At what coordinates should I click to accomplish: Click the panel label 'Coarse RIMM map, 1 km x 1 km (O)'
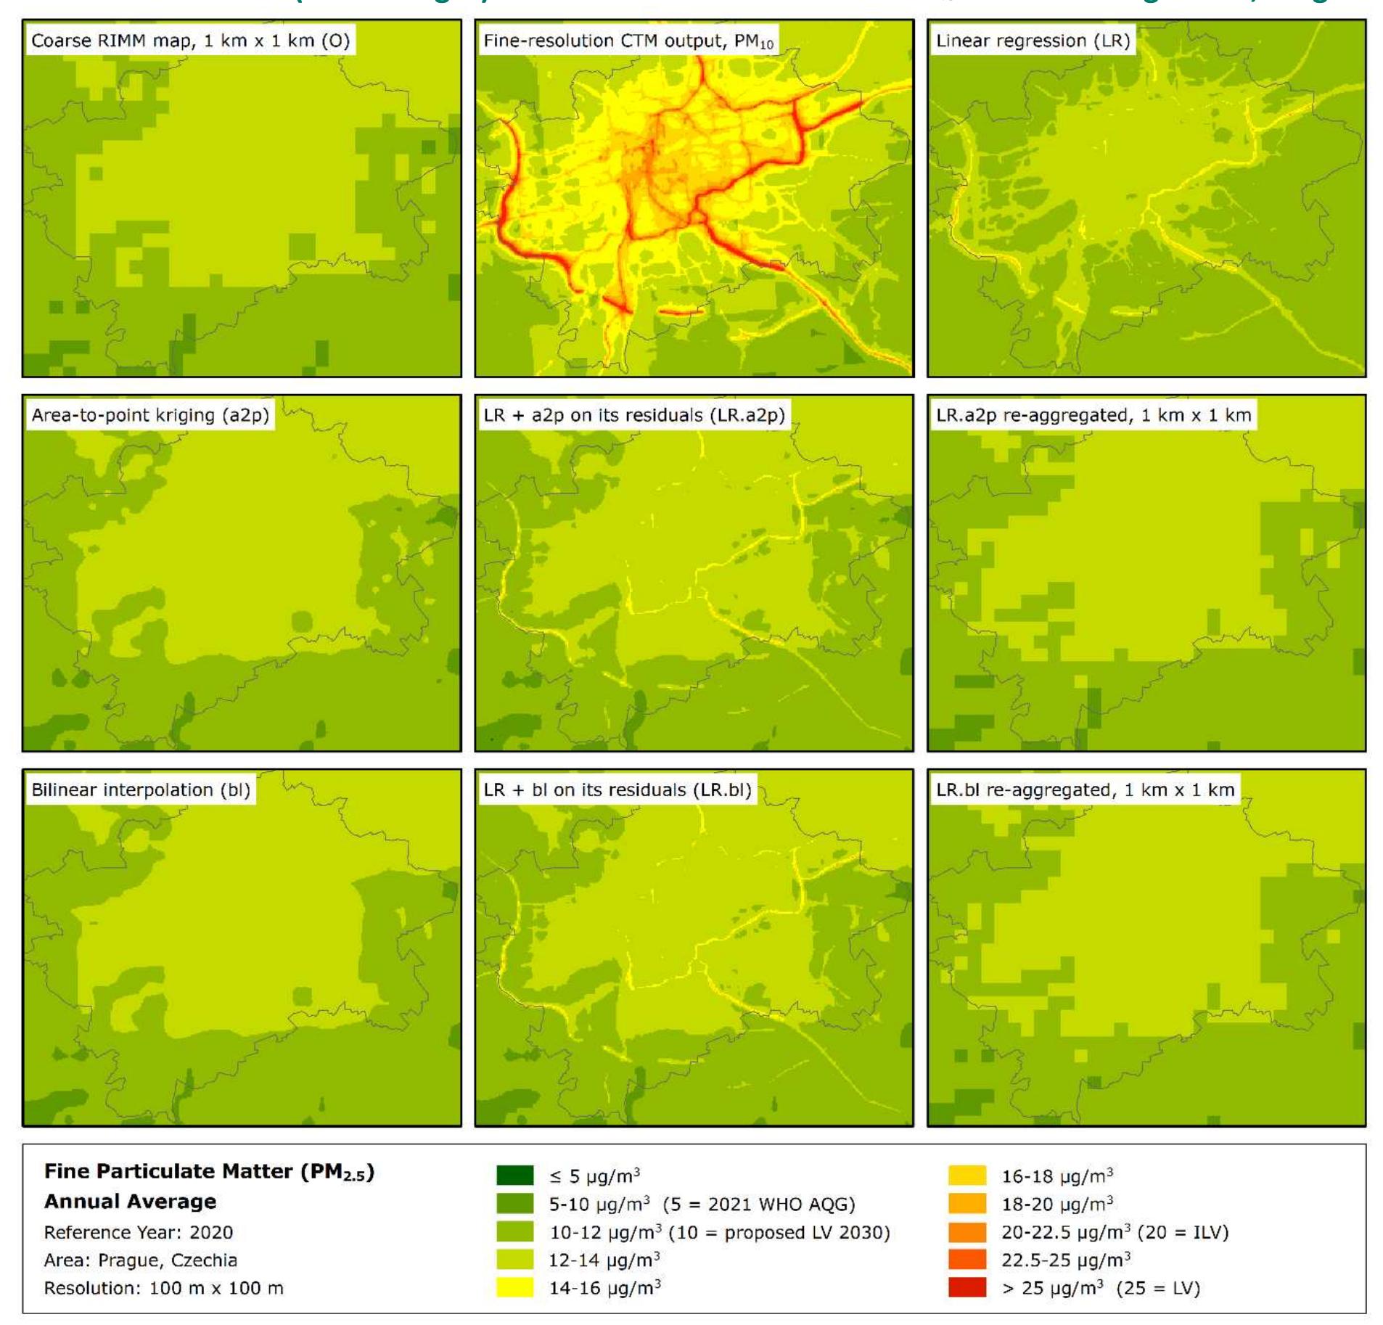[x=190, y=41]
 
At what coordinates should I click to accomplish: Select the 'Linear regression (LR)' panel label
[x=1033, y=41]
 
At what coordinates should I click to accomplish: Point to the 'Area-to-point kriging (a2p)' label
[x=150, y=415]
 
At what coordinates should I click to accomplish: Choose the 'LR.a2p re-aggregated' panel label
[x=1093, y=415]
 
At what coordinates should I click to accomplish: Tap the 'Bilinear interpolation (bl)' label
[x=141, y=789]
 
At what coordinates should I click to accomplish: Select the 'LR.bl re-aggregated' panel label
[x=1085, y=789]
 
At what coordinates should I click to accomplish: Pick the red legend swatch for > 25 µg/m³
[x=967, y=1287]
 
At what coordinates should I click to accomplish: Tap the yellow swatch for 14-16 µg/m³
[x=514, y=1287]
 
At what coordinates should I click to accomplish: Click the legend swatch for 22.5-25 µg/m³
[x=967, y=1260]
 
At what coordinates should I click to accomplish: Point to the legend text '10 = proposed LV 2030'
[x=779, y=1232]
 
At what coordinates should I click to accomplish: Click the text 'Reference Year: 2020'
[x=139, y=1232]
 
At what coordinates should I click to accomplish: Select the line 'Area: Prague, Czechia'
[x=141, y=1260]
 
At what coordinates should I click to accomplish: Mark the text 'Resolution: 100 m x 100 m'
[x=164, y=1288]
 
